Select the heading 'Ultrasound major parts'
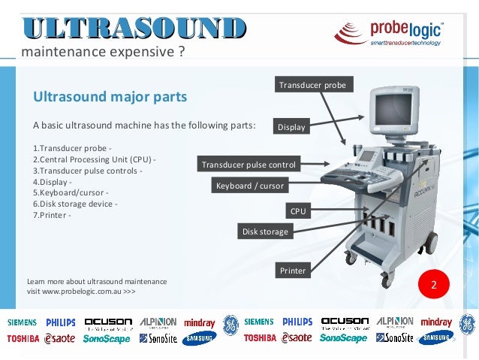coord(110,97)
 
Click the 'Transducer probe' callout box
coord(312,85)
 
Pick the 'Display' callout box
coord(291,127)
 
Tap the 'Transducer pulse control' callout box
coord(249,165)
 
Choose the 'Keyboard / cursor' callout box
coord(250,186)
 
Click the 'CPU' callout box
coord(298,212)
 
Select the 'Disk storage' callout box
coord(265,231)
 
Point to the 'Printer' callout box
coord(293,270)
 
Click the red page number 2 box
coord(433,286)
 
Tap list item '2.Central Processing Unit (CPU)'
coord(95,159)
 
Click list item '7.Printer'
coord(53,216)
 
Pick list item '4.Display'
coord(53,182)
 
